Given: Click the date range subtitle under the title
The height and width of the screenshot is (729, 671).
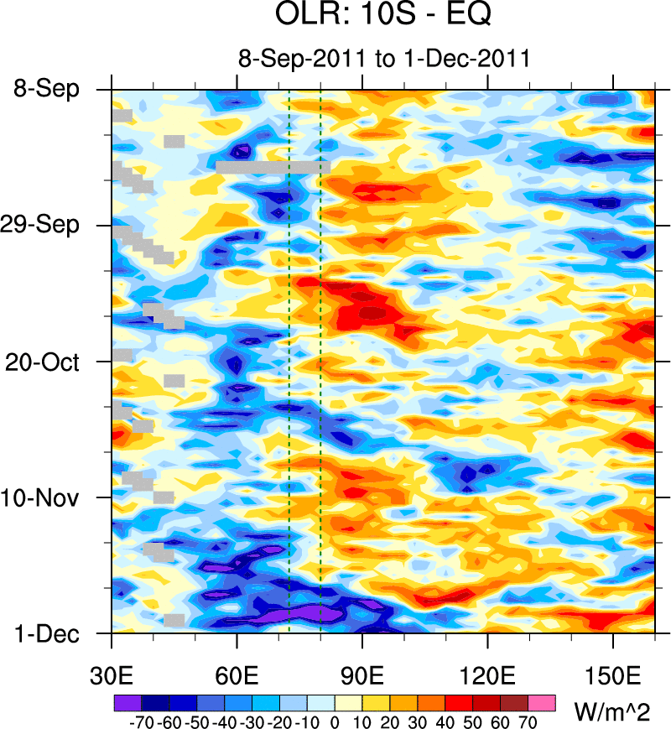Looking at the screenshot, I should pyautogui.click(x=384, y=60).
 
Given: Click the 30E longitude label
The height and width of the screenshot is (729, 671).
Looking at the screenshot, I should pyautogui.click(x=112, y=674).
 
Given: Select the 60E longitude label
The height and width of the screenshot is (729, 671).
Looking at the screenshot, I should pyautogui.click(x=237, y=674).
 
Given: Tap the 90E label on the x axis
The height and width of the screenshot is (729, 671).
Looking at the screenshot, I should pyautogui.click(x=362, y=674).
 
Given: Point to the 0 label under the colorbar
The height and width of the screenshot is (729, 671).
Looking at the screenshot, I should pyautogui.click(x=335, y=720).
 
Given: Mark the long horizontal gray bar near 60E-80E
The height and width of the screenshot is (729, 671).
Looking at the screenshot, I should pyautogui.click(x=273, y=167).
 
